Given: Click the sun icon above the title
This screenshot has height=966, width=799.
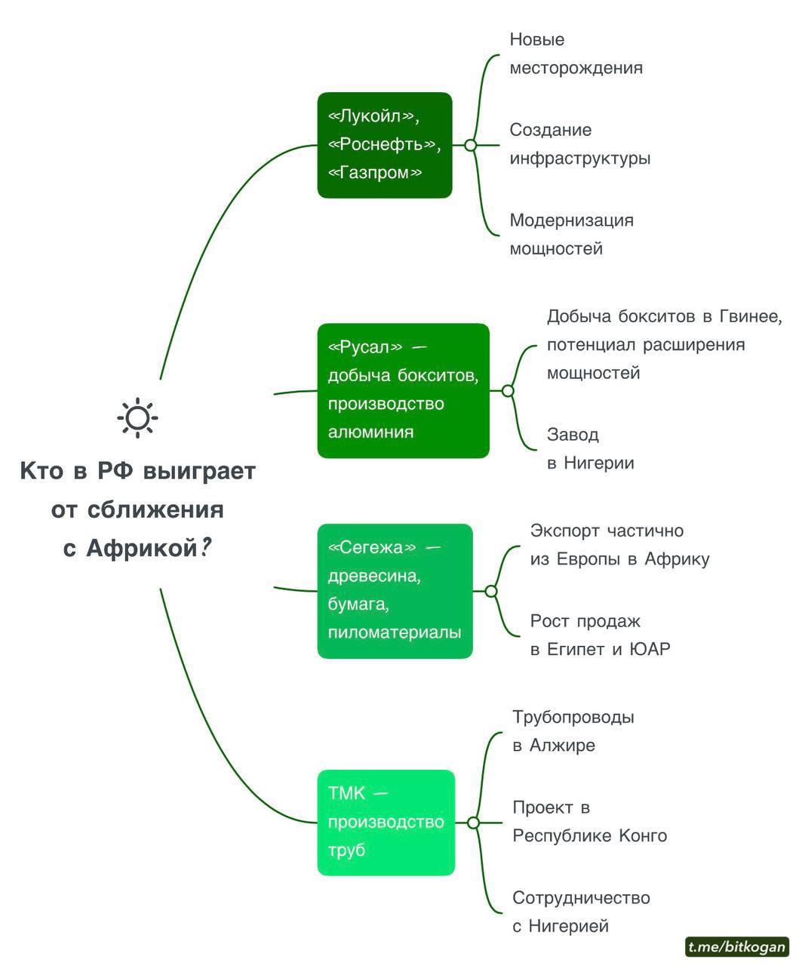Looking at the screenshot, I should click(137, 417).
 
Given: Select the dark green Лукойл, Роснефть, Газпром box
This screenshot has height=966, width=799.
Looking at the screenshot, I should click(384, 145).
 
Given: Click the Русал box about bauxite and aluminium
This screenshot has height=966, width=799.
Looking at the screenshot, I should click(403, 390).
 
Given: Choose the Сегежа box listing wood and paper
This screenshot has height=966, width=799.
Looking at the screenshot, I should click(395, 590).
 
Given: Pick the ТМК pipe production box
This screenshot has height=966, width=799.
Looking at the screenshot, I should click(386, 822).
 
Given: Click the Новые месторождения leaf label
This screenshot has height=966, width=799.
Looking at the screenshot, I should click(576, 54).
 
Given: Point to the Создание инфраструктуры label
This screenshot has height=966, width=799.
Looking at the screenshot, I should click(579, 144).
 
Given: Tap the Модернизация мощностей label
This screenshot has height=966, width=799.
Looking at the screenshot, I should click(571, 234).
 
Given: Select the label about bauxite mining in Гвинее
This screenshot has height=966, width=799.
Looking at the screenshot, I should click(664, 344).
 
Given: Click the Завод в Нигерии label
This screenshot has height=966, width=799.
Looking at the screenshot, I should click(590, 448).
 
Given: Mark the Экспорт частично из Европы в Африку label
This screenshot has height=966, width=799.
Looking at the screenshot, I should click(619, 545).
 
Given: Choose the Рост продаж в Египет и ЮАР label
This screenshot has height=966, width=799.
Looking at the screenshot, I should click(600, 635).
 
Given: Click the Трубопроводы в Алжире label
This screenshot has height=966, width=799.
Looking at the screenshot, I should click(573, 731).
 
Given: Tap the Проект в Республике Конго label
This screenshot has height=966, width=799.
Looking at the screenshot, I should click(589, 821).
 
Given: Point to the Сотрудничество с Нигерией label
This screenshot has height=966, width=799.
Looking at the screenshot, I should click(581, 912).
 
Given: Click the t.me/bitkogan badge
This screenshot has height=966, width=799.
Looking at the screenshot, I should click(736, 946).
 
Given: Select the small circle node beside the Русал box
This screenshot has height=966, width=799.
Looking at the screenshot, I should click(508, 391).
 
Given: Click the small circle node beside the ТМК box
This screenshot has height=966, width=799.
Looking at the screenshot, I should click(473, 823).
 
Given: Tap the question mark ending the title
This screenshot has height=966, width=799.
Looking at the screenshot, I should click(205, 548).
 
